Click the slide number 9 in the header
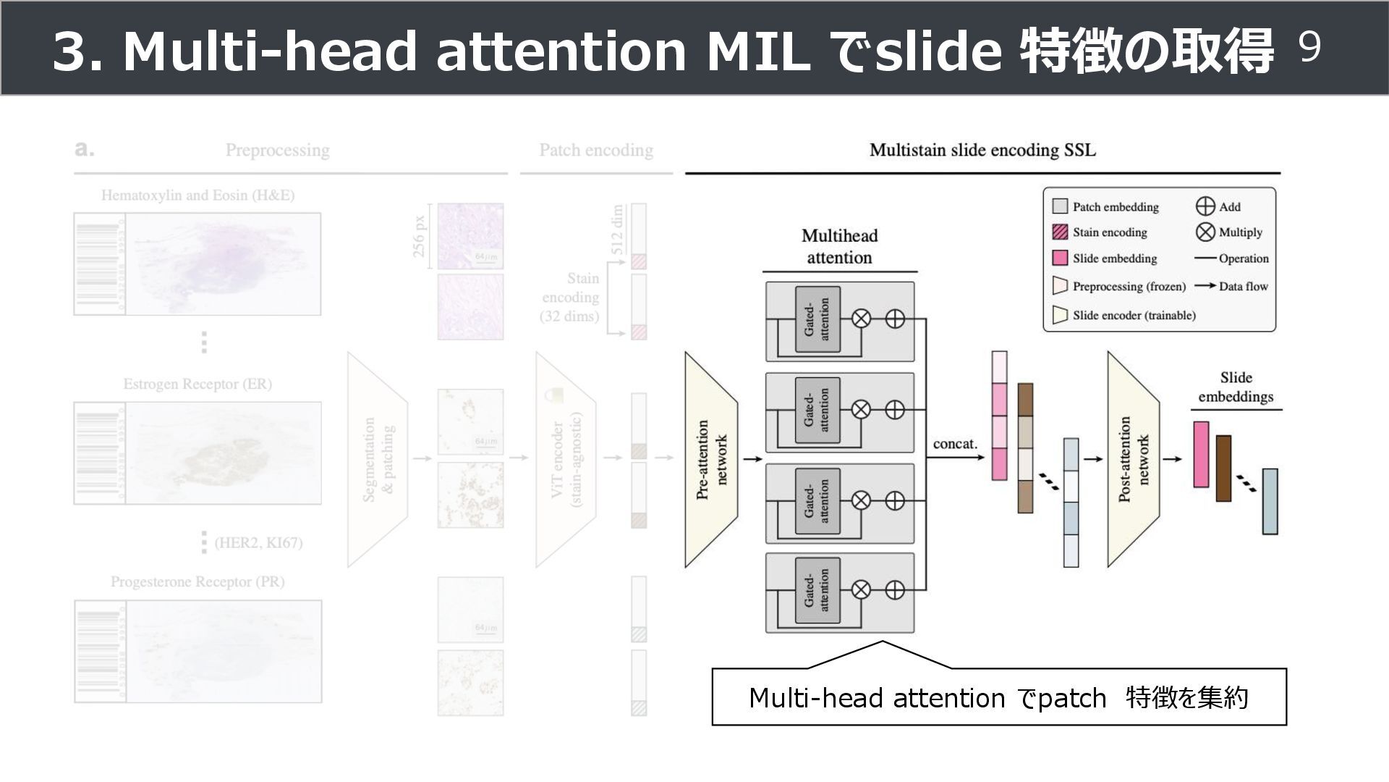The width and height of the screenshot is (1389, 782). pyautogui.click(x=1310, y=49)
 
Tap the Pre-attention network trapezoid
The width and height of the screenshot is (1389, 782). pyautogui.click(x=711, y=460)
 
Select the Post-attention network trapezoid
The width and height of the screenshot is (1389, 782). pyautogui.click(x=1133, y=460)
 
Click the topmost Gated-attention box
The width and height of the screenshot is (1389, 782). pyautogui.click(x=817, y=319)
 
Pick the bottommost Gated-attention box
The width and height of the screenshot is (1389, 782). pyautogui.click(x=817, y=590)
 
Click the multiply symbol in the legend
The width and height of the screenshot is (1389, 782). pyautogui.click(x=1205, y=232)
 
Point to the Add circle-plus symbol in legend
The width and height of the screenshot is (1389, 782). pyautogui.click(x=1205, y=206)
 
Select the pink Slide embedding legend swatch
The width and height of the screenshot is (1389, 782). pyautogui.click(x=1060, y=258)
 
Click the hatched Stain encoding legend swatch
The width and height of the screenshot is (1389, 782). pyautogui.click(x=1060, y=232)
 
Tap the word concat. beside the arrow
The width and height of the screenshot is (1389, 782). pyautogui.click(x=955, y=444)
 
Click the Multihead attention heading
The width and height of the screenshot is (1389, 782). pyautogui.click(x=839, y=247)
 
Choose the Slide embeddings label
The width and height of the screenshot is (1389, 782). pyautogui.click(x=1236, y=387)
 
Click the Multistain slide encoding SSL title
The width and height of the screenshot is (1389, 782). pyautogui.click(x=982, y=151)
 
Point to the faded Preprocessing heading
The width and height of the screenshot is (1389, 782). pyautogui.click(x=277, y=151)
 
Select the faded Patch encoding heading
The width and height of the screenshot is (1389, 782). pyautogui.click(x=596, y=151)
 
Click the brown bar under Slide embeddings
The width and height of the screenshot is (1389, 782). pyautogui.click(x=1223, y=468)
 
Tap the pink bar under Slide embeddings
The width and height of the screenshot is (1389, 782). pyautogui.click(x=1201, y=455)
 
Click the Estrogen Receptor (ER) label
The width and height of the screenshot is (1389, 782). pyautogui.click(x=197, y=384)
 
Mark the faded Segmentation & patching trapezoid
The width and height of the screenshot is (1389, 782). pyautogui.click(x=378, y=460)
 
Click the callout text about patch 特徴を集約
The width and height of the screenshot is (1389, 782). pyautogui.click(x=998, y=698)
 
